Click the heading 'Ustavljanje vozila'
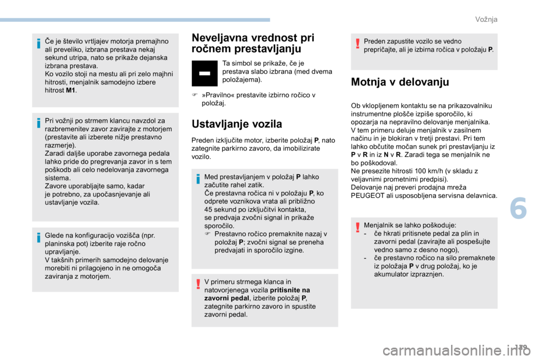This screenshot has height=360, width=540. (x=236, y=123)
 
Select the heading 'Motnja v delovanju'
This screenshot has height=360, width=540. (x=399, y=82)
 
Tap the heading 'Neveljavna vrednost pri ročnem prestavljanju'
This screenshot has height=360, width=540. (x=253, y=43)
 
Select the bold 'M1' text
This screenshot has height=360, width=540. (x=70, y=90)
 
